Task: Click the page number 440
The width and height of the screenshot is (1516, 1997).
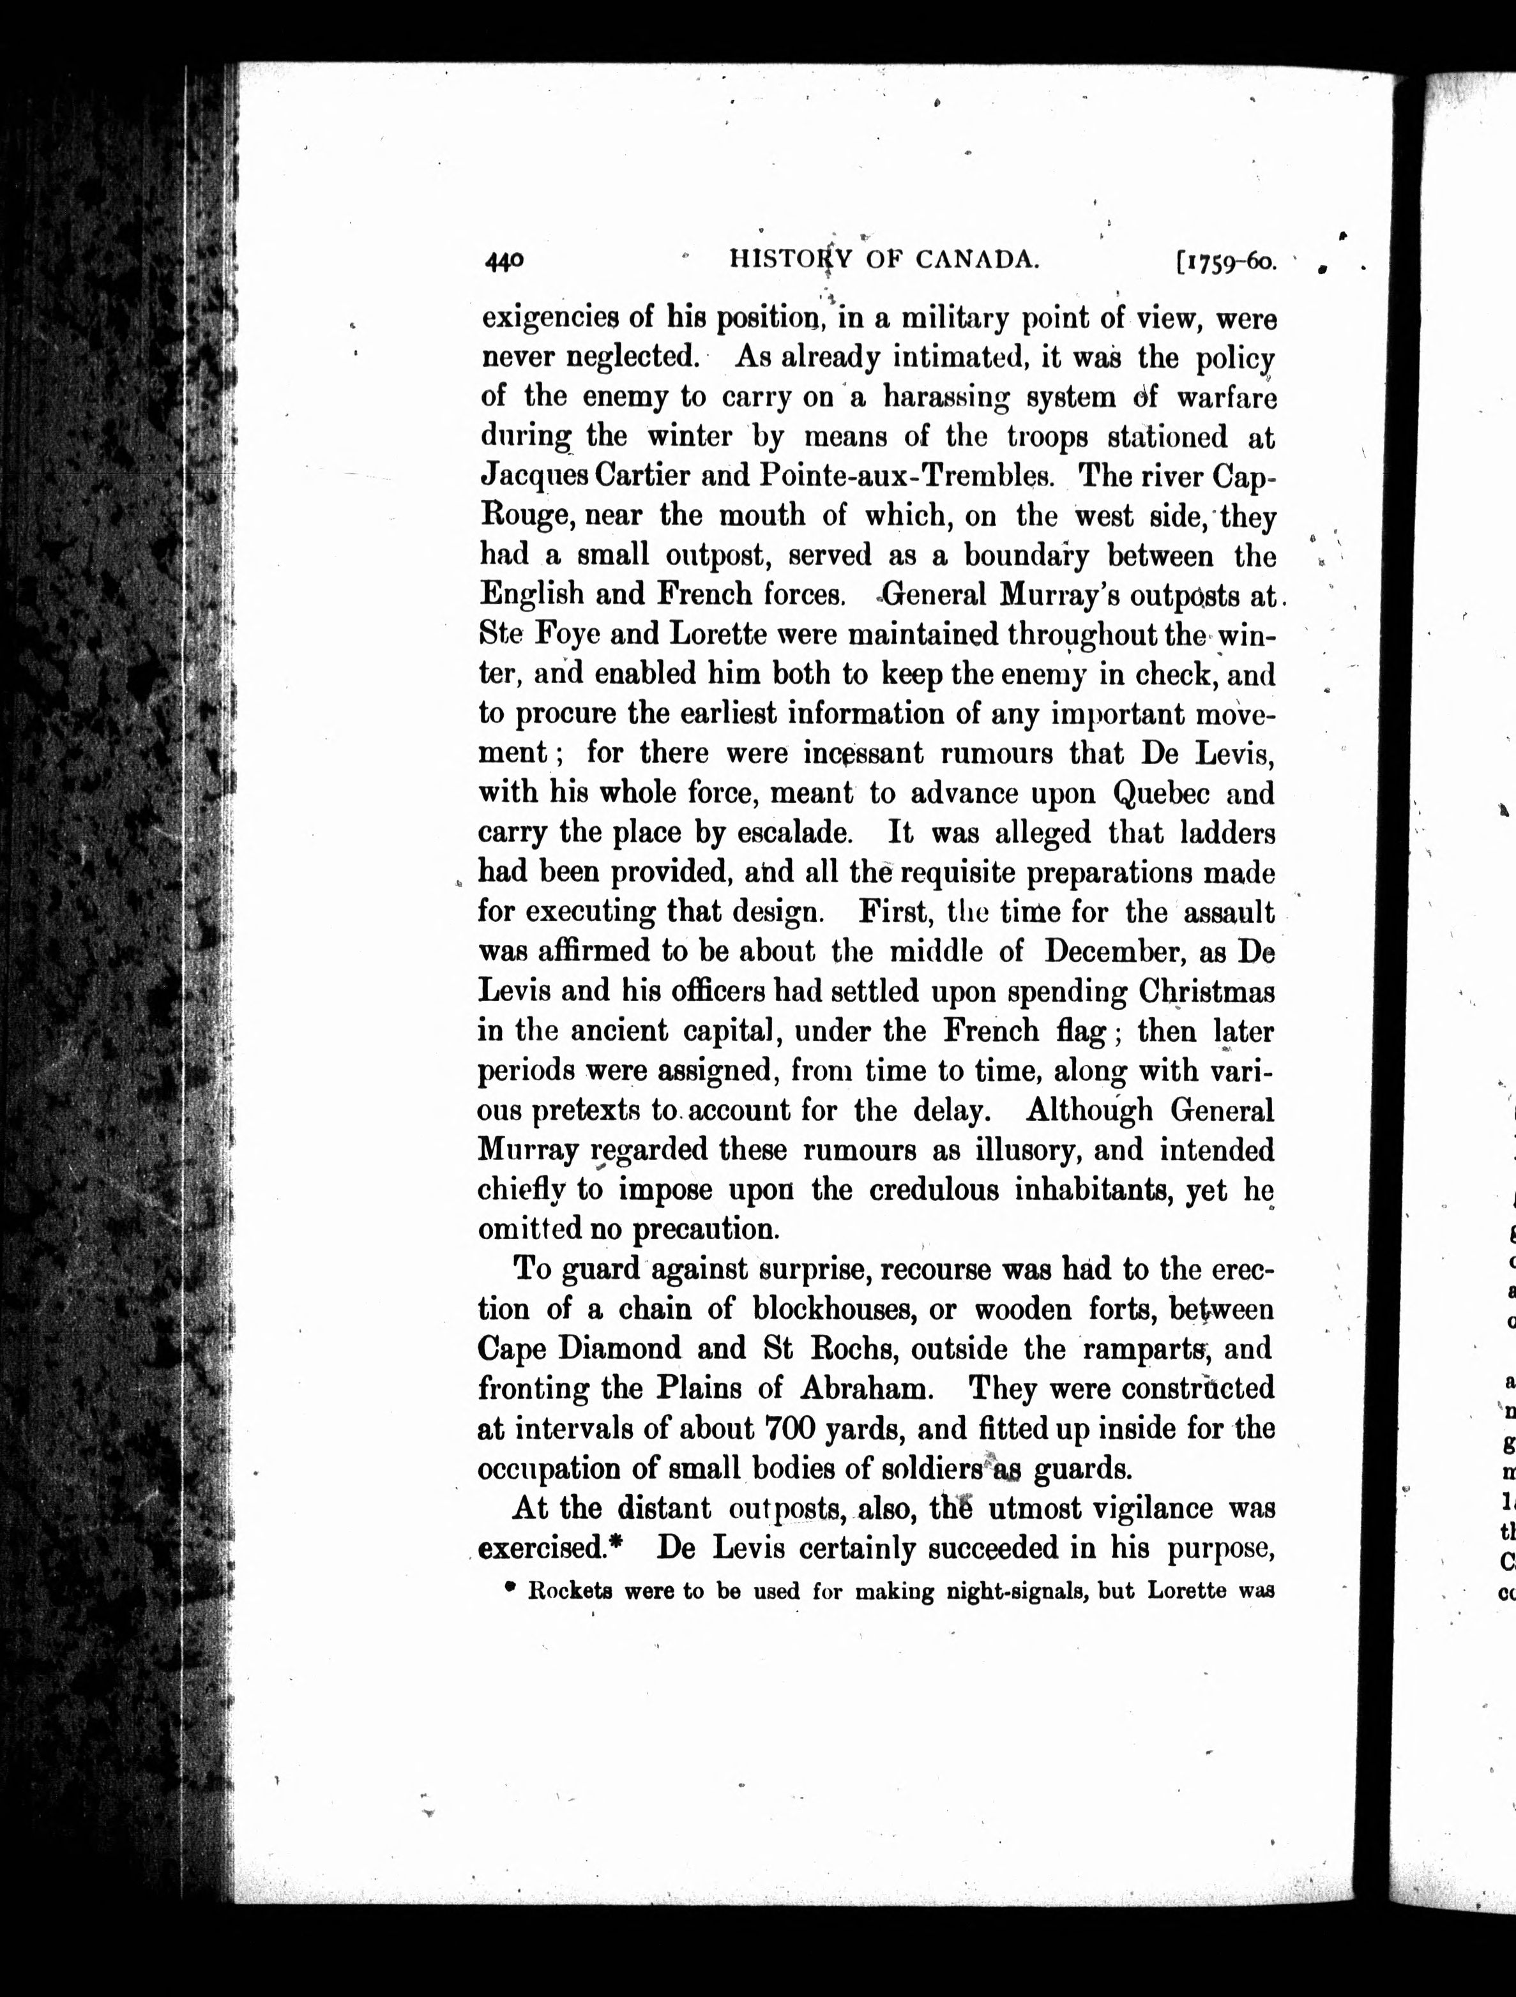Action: tap(504, 261)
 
